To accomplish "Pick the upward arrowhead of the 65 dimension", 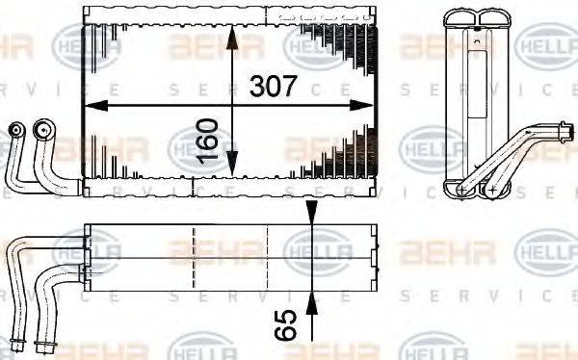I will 310,300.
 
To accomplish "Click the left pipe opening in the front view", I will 14,128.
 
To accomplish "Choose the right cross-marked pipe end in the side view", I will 493,190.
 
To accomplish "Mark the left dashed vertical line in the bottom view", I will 195,258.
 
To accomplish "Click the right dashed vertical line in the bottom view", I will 283,258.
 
